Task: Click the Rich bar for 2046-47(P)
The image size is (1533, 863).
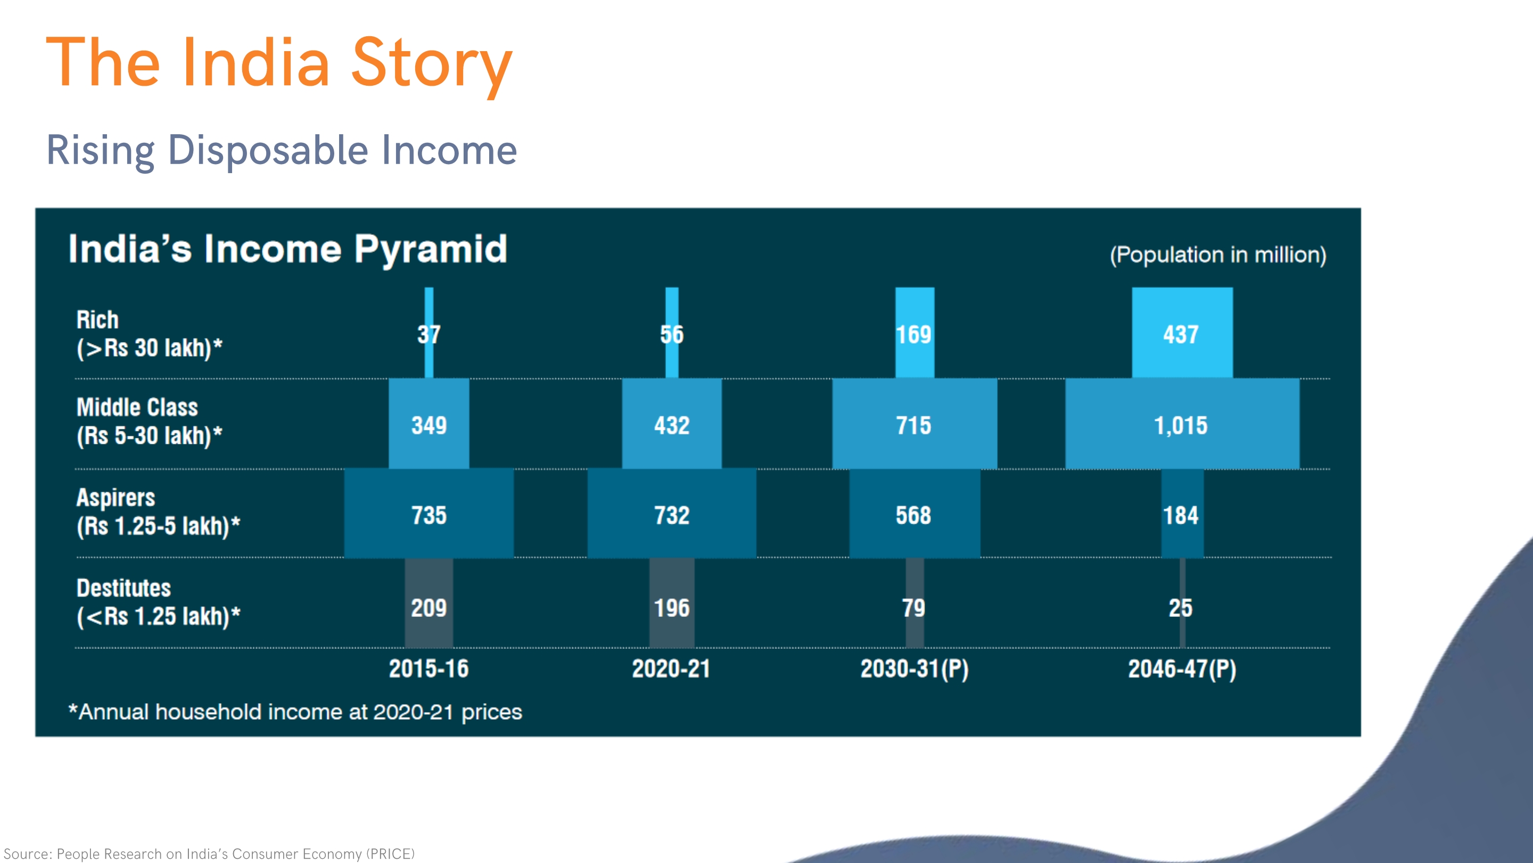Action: pyautogui.click(x=1182, y=332)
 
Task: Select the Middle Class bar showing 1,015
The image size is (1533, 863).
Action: pyautogui.click(x=1182, y=424)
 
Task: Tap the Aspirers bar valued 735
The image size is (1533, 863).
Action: pyautogui.click(x=428, y=514)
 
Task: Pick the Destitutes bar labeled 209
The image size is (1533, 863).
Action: pyautogui.click(x=428, y=603)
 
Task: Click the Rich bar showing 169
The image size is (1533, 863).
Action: pyautogui.click(x=914, y=332)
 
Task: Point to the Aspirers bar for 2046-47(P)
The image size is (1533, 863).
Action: pyautogui.click(x=1182, y=514)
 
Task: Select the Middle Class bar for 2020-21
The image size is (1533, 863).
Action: pyautogui.click(x=672, y=424)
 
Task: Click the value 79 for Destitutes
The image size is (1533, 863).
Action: pyautogui.click(x=913, y=608)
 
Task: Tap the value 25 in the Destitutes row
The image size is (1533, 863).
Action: pyautogui.click(x=1181, y=608)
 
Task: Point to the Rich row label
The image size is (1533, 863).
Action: pyautogui.click(x=150, y=334)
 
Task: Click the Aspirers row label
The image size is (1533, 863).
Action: pyautogui.click(x=158, y=512)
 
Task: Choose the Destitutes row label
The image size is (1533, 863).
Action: pyautogui.click(x=158, y=602)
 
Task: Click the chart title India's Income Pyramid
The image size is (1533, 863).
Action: pyautogui.click(x=288, y=249)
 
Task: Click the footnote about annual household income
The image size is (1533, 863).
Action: pyautogui.click(x=295, y=712)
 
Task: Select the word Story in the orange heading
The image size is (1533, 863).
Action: pyautogui.click(x=432, y=64)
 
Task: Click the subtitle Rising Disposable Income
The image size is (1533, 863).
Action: pyautogui.click(x=282, y=150)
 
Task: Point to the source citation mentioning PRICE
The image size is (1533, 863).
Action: pyautogui.click(x=209, y=853)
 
